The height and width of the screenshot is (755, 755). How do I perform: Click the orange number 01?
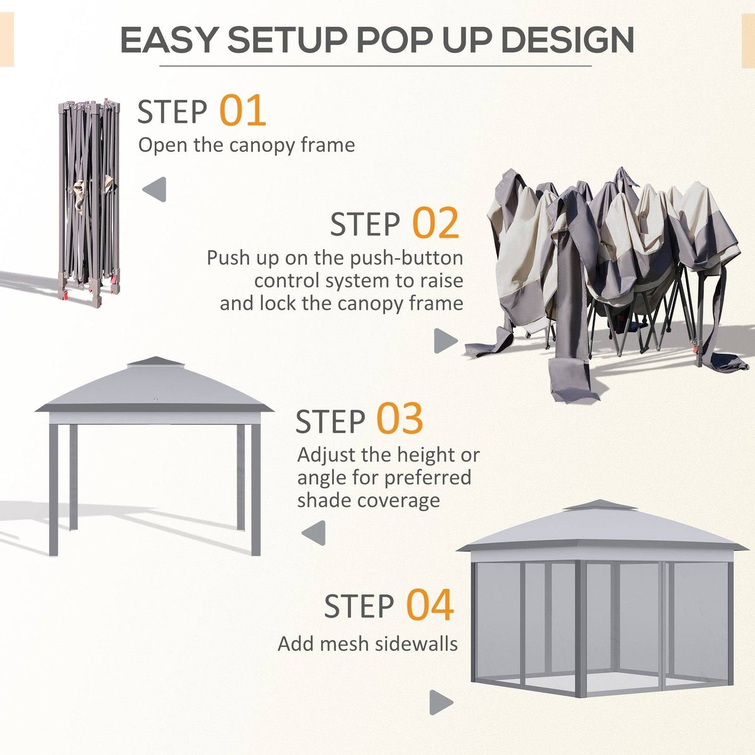point(242,111)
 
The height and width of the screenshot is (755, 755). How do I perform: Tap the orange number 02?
point(435,224)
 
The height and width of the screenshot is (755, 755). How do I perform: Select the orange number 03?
point(400,420)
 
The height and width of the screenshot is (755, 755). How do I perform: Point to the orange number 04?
point(429,605)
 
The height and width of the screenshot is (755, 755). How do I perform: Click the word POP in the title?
point(396,40)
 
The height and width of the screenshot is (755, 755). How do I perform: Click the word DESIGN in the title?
point(567,40)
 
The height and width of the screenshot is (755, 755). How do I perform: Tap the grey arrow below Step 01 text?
point(155,189)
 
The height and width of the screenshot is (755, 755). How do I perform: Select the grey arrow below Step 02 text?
point(445,341)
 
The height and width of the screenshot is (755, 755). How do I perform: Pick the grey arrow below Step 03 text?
point(314,533)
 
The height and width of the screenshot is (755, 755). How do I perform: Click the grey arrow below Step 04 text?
point(440,702)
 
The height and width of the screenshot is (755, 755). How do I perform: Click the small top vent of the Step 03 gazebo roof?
point(155,362)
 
